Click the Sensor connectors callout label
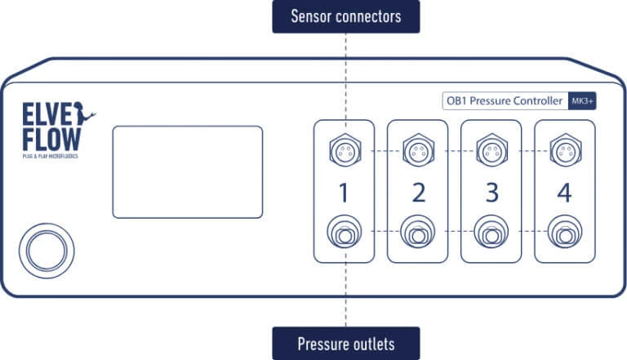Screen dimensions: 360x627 [345, 16]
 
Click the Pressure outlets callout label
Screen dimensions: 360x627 [345, 343]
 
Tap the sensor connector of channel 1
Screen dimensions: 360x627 [345, 149]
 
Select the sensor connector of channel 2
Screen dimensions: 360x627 [418, 149]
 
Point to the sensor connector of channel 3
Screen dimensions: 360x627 [491, 149]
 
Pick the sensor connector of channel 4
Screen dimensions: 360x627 [565, 149]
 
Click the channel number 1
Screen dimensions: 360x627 [345, 193]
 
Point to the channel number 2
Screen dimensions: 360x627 [418, 193]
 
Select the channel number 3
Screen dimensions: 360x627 [491, 193]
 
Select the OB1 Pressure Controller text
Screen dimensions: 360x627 [503, 101]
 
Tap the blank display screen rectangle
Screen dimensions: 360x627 [187, 171]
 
